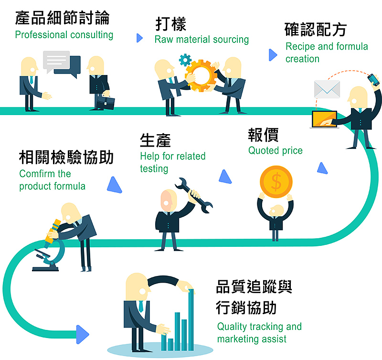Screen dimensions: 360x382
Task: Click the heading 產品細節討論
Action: pyautogui.click(x=62, y=18)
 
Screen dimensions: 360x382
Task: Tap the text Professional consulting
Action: pyautogui.click(x=64, y=35)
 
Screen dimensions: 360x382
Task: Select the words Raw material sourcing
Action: pyautogui.click(x=202, y=40)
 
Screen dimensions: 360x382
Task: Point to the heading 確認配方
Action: pyautogui.click(x=315, y=30)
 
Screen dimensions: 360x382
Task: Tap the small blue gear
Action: pyautogui.click(x=185, y=60)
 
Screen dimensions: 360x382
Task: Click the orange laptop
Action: pyautogui.click(x=324, y=119)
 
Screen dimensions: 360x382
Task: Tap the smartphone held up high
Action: pyautogui.click(x=372, y=79)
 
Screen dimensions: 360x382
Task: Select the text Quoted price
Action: pyautogui.click(x=275, y=151)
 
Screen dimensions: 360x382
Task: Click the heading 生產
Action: pyautogui.click(x=155, y=140)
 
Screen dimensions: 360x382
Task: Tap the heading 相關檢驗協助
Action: pyautogui.click(x=66, y=157)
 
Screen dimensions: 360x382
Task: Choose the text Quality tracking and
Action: pyautogui.click(x=259, y=327)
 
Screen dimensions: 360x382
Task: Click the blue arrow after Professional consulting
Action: pyautogui.click(x=139, y=38)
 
